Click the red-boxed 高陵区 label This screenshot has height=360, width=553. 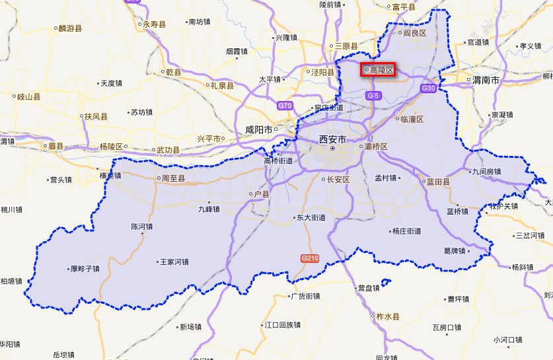coord(378,69)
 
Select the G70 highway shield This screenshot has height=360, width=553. coord(285,106)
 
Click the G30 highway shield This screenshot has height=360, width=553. coord(428,88)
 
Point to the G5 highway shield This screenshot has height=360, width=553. coord(374,96)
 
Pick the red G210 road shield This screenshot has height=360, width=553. coord(309,258)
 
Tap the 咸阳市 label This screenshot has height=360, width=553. coord(258,129)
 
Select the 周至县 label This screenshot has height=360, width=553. coord(174,178)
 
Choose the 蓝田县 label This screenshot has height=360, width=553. coord(437,182)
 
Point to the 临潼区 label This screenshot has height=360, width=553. coord(412,119)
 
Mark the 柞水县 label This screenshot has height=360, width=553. coord(387,317)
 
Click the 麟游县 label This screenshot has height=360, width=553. coord(70,28)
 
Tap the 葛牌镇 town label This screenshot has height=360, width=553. coord(455,250)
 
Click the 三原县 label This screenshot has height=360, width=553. coord(346,46)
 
